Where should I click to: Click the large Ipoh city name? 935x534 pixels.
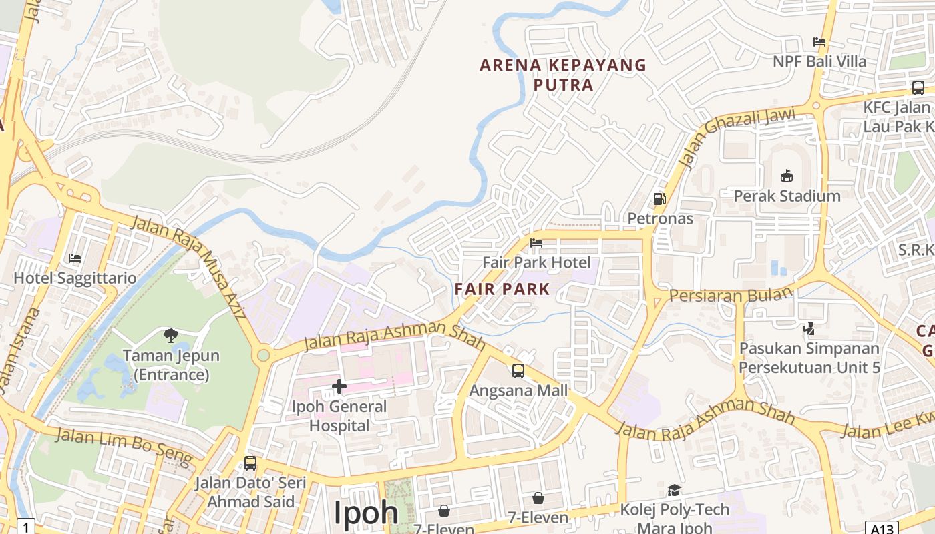coord(366,513)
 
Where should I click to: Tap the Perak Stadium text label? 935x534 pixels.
coord(787,196)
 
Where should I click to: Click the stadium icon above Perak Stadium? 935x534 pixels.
coord(787,176)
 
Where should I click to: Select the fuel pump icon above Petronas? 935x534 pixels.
coord(660,199)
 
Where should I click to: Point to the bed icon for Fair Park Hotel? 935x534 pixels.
coord(536,243)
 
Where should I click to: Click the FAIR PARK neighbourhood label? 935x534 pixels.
coord(502,289)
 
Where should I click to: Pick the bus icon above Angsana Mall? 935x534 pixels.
coord(518,371)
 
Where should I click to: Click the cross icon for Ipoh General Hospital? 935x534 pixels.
coord(339,386)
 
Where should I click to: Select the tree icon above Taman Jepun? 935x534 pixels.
coord(171,335)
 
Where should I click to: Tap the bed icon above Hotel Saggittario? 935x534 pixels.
coord(75,258)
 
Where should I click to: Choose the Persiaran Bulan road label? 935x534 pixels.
coord(730,294)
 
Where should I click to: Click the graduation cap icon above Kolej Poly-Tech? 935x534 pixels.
coord(675,491)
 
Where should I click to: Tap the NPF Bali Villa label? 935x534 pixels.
coord(819,62)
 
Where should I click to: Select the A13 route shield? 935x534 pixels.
coord(882,528)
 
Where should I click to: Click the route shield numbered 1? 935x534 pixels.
coord(25,527)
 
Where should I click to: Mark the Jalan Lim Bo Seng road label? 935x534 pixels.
coord(124,446)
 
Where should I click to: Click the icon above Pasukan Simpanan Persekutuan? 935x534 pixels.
coord(809,328)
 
